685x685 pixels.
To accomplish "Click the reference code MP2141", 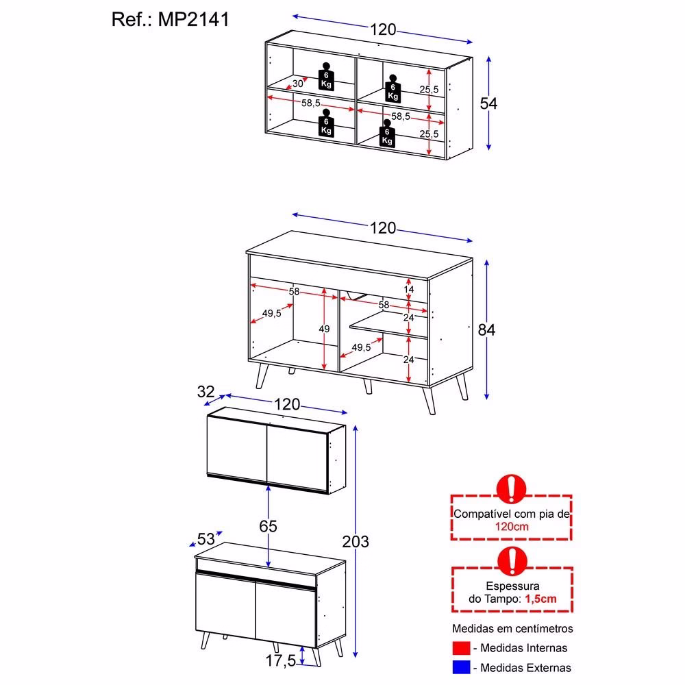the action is point(194,20).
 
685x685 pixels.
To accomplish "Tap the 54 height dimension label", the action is point(488,103).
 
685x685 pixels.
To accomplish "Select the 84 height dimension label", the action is point(486,330).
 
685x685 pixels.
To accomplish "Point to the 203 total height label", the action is point(356,542).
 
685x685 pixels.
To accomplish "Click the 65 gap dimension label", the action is point(268,526).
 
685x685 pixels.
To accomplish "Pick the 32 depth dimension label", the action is point(206,391).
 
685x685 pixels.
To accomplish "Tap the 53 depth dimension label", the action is point(206,539).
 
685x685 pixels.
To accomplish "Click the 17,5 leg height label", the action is point(281,660).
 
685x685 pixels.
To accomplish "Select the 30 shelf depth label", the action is point(297,84).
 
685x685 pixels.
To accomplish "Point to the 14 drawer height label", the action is point(408,289).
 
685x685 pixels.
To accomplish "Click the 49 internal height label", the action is point(324,329).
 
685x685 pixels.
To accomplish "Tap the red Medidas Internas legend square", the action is point(461,648).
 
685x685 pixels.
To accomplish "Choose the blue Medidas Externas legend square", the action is point(461,667).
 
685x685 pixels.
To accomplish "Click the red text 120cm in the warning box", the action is point(512,526).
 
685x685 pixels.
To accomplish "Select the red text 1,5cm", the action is point(540,599).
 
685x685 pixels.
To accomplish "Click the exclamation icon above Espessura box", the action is point(512,561).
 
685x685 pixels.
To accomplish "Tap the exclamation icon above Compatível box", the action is point(511,489).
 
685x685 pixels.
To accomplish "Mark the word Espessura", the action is point(512,586).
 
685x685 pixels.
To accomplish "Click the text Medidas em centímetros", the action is point(512,629).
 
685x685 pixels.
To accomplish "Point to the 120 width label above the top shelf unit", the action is point(383,29).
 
